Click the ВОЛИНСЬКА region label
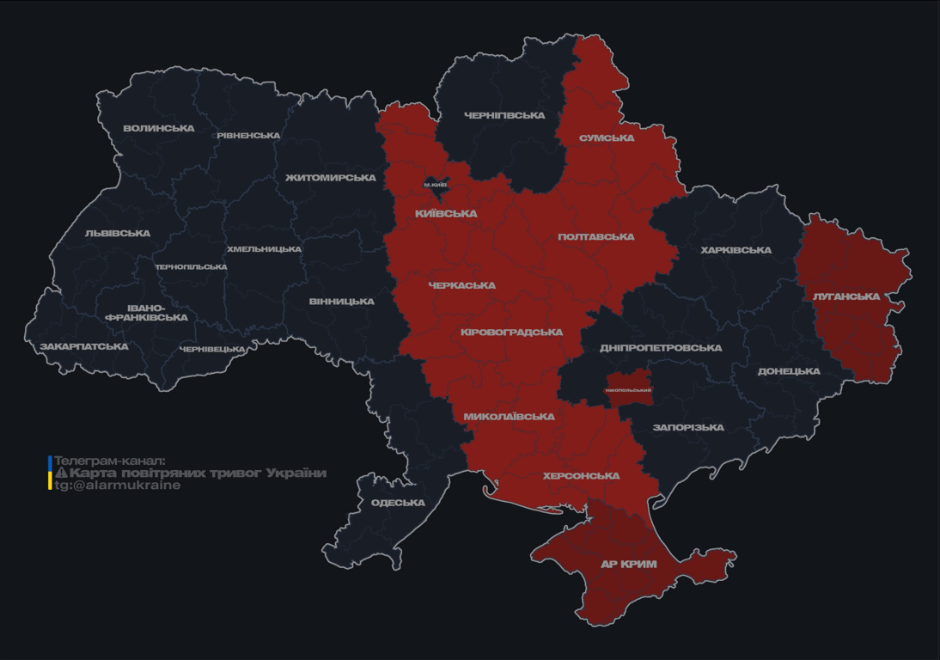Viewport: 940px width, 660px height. click(159, 129)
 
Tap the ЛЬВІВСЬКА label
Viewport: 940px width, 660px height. click(118, 234)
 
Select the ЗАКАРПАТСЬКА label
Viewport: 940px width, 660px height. click(84, 347)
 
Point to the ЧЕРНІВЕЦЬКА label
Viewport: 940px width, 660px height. click(212, 349)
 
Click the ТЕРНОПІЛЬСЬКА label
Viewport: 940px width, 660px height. click(191, 267)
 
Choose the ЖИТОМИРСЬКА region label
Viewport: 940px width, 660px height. click(331, 178)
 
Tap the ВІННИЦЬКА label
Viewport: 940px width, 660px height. click(342, 302)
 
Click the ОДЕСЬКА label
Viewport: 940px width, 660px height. click(398, 503)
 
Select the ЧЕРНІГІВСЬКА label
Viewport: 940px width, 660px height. click(504, 115)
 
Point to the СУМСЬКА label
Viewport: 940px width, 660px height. click(607, 138)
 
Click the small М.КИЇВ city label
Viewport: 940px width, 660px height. click(436, 185)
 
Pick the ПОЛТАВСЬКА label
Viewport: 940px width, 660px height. click(596, 237)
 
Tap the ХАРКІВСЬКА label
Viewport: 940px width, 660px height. click(736, 251)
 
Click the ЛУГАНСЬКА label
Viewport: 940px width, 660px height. click(846, 296)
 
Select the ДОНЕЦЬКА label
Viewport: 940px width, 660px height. click(789, 372)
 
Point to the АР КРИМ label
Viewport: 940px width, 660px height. click(628, 565)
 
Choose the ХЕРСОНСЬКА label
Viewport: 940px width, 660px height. click(582, 476)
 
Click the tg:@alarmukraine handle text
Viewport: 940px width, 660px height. click(118, 486)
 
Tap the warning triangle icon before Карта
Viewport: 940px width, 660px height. click(61, 474)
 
